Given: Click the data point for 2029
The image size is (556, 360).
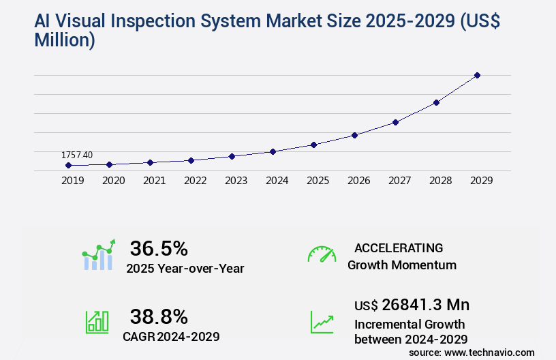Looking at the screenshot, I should coord(477,75).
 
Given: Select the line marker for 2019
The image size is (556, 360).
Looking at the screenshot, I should coord(68,165).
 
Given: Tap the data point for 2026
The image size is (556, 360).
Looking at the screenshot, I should coord(354,135).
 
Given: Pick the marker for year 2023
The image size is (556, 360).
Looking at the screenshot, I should coord(232,156).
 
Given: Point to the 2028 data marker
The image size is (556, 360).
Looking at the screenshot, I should coord(436,102).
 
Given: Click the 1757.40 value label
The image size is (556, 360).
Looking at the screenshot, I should coord(77,155).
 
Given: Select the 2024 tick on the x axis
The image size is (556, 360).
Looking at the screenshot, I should coord(277,181).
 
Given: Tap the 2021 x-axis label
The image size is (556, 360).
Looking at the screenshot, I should coord(154,181).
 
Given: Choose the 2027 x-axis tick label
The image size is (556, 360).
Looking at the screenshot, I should coord(399,181).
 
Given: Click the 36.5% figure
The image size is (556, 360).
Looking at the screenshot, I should coord(159,247).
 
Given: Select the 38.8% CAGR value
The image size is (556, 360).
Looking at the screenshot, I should coord(159,316).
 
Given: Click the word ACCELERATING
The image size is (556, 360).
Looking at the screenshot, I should coord(399,247).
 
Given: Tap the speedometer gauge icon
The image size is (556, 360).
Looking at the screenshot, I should coord(322,254).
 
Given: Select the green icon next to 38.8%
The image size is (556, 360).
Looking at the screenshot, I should coord(97,321).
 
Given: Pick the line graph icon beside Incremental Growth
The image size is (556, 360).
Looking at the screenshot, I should coord(322,322).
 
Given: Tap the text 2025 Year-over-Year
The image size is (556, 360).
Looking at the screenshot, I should coord(185,269).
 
